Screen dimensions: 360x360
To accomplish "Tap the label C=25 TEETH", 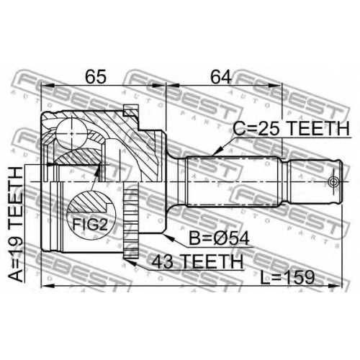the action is click(291, 128).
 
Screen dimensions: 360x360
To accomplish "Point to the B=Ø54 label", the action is click(219, 238).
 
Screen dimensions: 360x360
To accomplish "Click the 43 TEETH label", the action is click(197, 261).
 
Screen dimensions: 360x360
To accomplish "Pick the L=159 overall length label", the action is click(287, 277).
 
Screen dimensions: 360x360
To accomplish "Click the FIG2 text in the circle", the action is click(90, 225).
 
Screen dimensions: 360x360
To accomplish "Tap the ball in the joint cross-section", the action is click(71, 132).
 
